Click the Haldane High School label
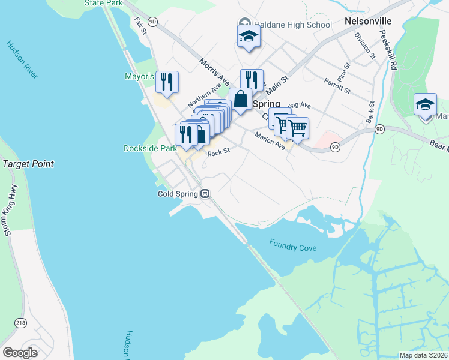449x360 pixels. point(292,25)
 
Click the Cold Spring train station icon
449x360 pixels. point(205,194)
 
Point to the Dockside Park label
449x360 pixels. point(150,148)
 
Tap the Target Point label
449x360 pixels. point(28,164)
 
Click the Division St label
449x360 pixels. point(364,46)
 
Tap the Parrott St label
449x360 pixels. point(337,85)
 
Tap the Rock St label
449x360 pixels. point(218,153)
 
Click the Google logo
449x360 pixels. point(20,353)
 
